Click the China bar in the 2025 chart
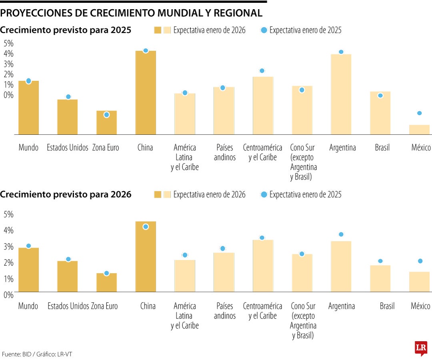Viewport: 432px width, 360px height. point(146,92)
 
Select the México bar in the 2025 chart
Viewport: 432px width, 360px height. point(419,130)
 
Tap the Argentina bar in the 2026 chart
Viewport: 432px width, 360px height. point(341,266)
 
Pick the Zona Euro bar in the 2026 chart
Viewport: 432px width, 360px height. point(106,282)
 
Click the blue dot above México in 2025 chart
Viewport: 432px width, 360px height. point(420,113)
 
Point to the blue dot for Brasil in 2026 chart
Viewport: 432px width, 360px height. point(380,261)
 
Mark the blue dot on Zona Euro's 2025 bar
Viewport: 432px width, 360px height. point(106,115)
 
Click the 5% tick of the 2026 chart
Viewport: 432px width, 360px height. point(8,214)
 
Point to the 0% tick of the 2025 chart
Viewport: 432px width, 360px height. point(8,95)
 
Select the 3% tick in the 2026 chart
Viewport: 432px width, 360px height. point(8,246)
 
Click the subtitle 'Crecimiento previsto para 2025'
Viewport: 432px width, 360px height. point(66,30)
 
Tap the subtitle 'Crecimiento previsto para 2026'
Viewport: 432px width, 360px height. point(66,195)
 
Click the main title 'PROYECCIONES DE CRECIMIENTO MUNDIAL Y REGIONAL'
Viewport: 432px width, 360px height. point(132,13)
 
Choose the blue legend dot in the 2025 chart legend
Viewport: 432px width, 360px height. point(264,30)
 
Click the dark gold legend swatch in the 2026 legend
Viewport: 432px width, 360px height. point(158,195)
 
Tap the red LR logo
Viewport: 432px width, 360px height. point(421,348)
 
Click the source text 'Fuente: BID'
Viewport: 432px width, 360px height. point(16,354)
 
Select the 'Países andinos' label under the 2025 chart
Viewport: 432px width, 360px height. point(225,152)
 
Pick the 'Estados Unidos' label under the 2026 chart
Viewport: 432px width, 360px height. point(68,306)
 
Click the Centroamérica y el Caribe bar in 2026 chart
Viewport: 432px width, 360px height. point(263,266)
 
